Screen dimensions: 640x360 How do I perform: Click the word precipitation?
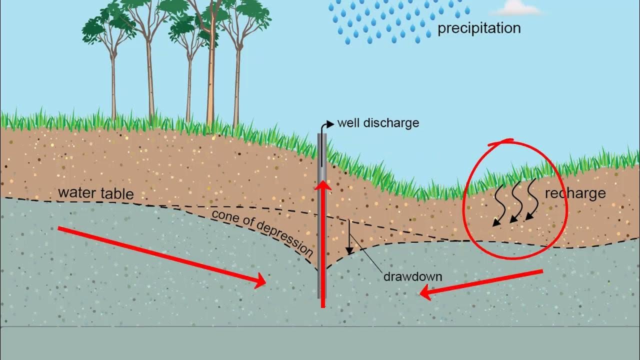pyautogui.click(x=478, y=28)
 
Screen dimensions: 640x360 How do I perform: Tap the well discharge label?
pyautogui.click(x=378, y=122)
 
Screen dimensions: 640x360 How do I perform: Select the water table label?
pyautogui.click(x=95, y=193)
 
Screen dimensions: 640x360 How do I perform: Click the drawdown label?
pyautogui.click(x=412, y=276)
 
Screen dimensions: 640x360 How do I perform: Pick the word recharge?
pyautogui.click(x=575, y=193)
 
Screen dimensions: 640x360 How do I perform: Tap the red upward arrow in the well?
pyautogui.click(x=323, y=240)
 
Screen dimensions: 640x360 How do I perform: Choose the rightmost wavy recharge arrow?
pyautogui.click(x=532, y=200)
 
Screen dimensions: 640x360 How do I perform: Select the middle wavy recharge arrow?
pyautogui.click(x=516, y=203)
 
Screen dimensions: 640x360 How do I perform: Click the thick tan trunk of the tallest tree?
pyautogui.click(x=211, y=75)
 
